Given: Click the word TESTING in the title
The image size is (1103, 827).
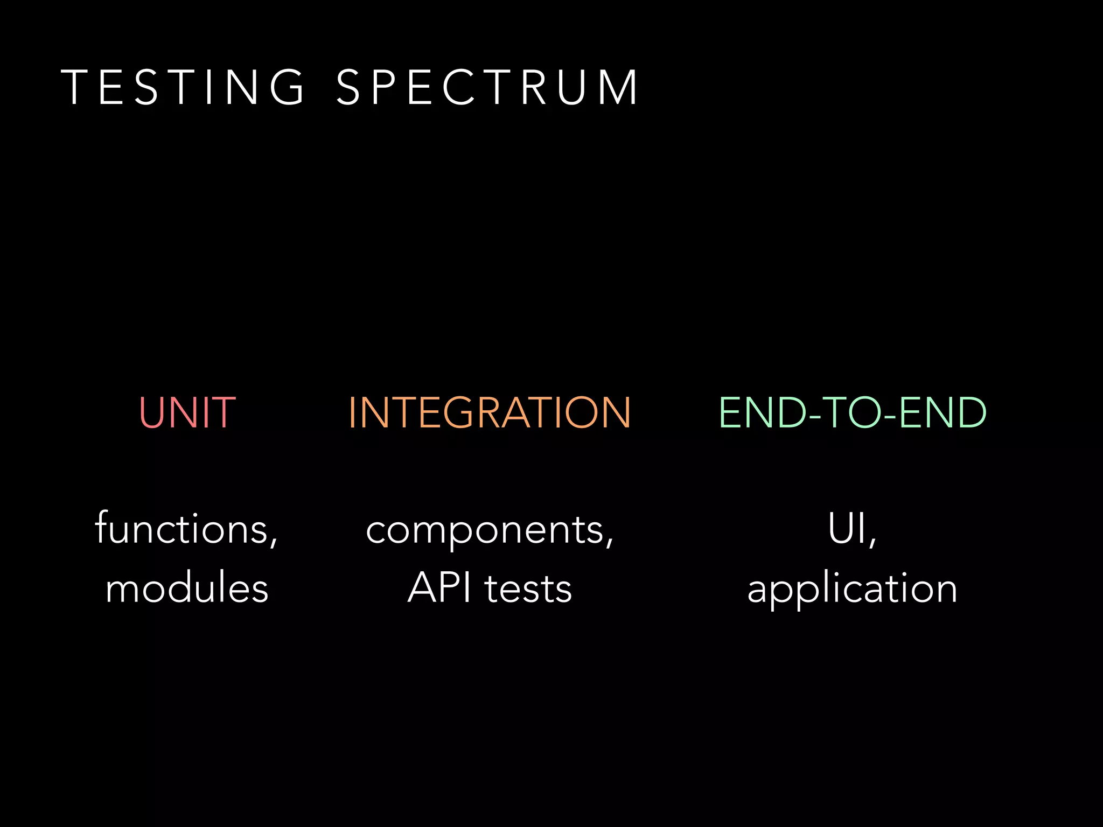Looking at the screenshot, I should (x=183, y=87).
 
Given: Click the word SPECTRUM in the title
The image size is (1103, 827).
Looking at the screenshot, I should (x=487, y=87).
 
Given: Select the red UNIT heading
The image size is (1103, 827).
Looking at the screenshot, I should (x=187, y=412).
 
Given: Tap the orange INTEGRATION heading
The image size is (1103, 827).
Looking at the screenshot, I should (x=490, y=412).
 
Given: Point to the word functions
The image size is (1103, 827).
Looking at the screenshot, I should (x=181, y=529).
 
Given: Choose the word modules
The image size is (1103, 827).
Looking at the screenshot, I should (x=187, y=588).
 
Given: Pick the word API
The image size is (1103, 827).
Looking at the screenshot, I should (x=439, y=588).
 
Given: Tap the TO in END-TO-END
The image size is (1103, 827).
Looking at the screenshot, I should (x=853, y=412).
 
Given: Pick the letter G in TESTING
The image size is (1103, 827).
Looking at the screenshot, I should (x=288, y=87).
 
